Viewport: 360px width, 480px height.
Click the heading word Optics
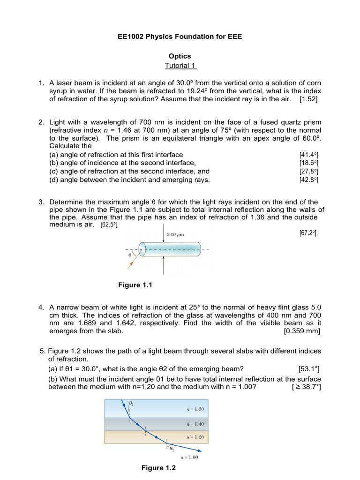(x=180, y=56)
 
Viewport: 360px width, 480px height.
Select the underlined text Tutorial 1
(x=181, y=65)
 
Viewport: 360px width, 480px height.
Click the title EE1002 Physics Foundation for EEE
(x=180, y=36)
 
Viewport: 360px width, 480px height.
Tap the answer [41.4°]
(x=309, y=155)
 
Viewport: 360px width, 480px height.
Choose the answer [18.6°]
(x=309, y=163)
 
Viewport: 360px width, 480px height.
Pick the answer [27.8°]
(x=309, y=172)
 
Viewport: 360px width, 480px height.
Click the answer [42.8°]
(x=309, y=180)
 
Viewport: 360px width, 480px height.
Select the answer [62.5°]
(x=109, y=225)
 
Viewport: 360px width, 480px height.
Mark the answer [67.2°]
(x=307, y=233)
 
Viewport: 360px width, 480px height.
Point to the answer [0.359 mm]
(x=302, y=331)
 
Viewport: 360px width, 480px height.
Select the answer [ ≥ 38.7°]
(x=306, y=387)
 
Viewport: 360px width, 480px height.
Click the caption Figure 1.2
(x=158, y=468)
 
